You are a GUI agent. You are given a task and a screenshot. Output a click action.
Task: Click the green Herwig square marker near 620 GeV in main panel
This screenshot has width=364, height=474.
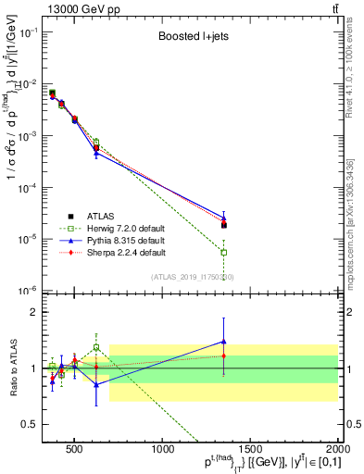point(96,143)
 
